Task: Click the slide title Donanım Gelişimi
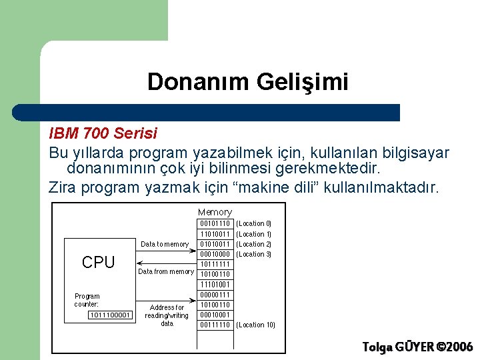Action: [x=247, y=82]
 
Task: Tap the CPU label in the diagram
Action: [x=98, y=263]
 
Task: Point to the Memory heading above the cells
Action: [x=215, y=212]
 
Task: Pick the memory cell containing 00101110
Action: [x=215, y=223]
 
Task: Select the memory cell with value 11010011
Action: [x=215, y=234]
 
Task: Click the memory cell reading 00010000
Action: [x=215, y=254]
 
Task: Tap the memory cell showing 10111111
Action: [x=215, y=264]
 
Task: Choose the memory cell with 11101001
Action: [x=215, y=284]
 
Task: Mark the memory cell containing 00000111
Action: [x=215, y=295]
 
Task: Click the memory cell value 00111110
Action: [x=215, y=325]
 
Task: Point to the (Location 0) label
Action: [x=254, y=223]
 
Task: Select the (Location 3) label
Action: [x=254, y=254]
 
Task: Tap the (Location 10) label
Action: [x=256, y=325]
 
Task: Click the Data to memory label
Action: [x=165, y=244]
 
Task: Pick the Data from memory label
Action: [x=165, y=271]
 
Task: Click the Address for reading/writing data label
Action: [x=167, y=315]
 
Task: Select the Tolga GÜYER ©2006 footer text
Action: [x=417, y=347]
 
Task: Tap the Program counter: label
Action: [x=87, y=300]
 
